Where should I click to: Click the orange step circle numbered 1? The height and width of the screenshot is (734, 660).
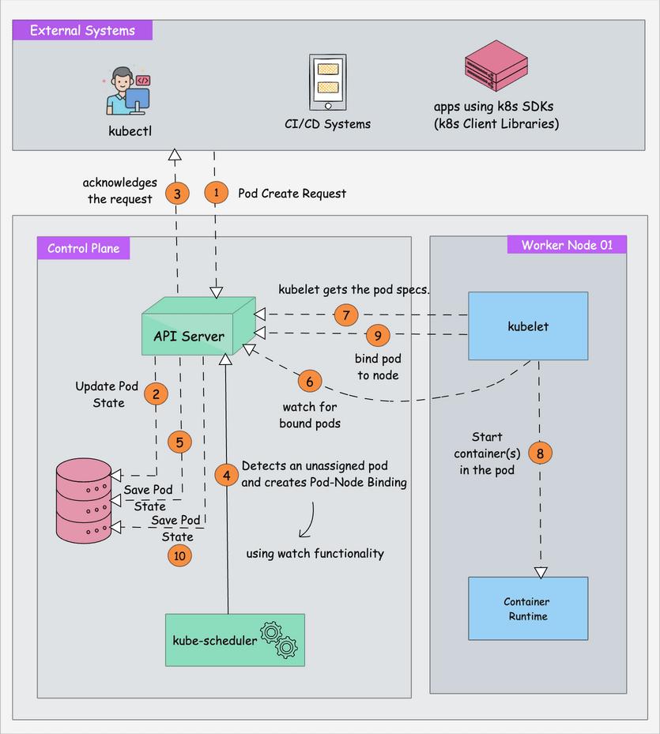pos(216,192)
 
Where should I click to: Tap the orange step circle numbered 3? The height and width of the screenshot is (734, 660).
pos(177,192)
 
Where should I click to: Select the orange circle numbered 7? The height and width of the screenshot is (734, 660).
pos(345,314)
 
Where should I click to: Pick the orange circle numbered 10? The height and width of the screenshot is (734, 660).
pos(179,555)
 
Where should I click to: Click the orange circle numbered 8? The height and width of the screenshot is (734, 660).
pos(540,453)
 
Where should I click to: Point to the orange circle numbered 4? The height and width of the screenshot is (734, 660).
pos(227,475)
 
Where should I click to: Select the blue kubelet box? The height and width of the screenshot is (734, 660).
pos(528,326)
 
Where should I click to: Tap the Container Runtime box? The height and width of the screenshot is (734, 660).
pos(528,608)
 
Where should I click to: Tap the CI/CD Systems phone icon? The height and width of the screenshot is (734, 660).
pos(327,83)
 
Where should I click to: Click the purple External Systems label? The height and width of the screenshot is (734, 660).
pos(82,31)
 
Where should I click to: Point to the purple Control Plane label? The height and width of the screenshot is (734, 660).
pos(84,248)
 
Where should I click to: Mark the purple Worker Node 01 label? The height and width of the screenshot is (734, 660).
pos(566,244)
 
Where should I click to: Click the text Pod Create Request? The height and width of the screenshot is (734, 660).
pos(292,193)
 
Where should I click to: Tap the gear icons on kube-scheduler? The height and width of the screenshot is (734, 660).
pos(281,641)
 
